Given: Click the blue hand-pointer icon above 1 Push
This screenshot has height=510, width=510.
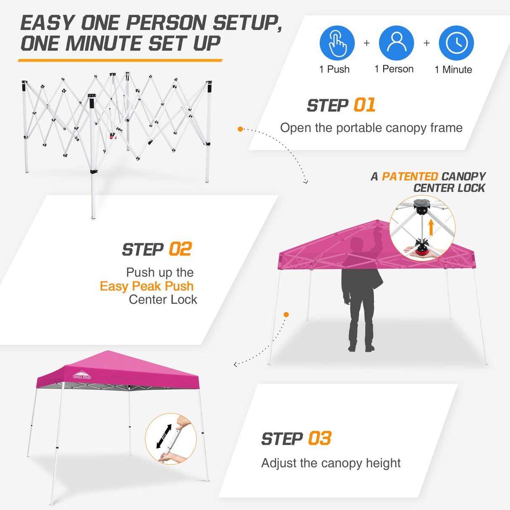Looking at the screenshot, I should (337, 43).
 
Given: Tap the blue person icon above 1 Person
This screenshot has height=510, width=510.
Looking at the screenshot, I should (396, 43).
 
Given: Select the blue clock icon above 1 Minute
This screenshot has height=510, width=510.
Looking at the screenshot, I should (456, 43).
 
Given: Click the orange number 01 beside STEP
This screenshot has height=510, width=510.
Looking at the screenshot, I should (364, 105).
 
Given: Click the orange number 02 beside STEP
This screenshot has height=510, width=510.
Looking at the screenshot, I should (180, 249).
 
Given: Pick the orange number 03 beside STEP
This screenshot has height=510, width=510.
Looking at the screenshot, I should (320, 439).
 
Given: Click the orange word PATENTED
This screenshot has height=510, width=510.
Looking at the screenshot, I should (410, 176).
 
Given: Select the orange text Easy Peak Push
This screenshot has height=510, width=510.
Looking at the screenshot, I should (147, 286).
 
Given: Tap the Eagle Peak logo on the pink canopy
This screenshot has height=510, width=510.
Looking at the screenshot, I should (82, 375).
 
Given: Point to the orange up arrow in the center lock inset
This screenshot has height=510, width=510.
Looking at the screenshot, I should (431, 228).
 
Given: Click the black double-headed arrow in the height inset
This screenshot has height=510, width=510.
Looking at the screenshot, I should (164, 436).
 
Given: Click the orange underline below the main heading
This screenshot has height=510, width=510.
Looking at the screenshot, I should (120, 60).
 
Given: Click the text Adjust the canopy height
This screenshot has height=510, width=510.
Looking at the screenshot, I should (331, 463).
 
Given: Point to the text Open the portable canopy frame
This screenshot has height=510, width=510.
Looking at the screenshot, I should (371, 128).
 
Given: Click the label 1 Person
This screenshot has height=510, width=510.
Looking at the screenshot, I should (394, 69).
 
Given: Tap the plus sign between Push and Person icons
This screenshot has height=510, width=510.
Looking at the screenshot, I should (367, 43).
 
